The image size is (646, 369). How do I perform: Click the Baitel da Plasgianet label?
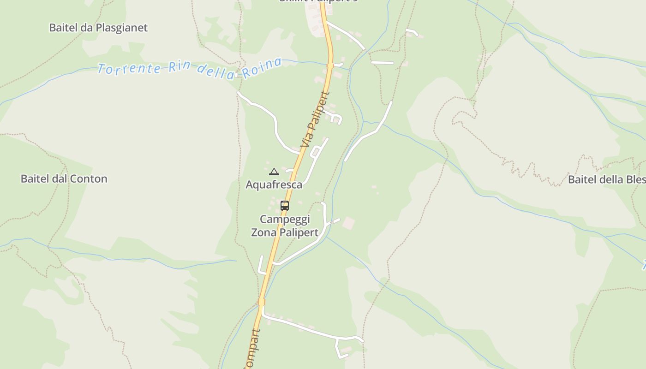98,28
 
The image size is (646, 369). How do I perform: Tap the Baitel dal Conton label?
64,179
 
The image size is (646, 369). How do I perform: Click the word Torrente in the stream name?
129,69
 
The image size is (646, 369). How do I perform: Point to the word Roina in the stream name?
262,69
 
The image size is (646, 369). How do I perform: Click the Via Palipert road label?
316,120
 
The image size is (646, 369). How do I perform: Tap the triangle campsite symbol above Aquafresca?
274,172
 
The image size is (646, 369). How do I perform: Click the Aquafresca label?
274,185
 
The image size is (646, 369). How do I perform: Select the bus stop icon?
285,206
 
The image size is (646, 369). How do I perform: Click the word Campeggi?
285,219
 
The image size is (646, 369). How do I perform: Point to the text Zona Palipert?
285,232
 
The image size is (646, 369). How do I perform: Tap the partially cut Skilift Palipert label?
318,1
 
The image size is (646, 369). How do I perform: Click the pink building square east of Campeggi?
349,223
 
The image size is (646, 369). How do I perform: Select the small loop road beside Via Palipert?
317,152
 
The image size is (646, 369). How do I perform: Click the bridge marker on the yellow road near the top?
330,65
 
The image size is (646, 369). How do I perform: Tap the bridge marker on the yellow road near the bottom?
262,302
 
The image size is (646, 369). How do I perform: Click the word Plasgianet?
121,28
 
